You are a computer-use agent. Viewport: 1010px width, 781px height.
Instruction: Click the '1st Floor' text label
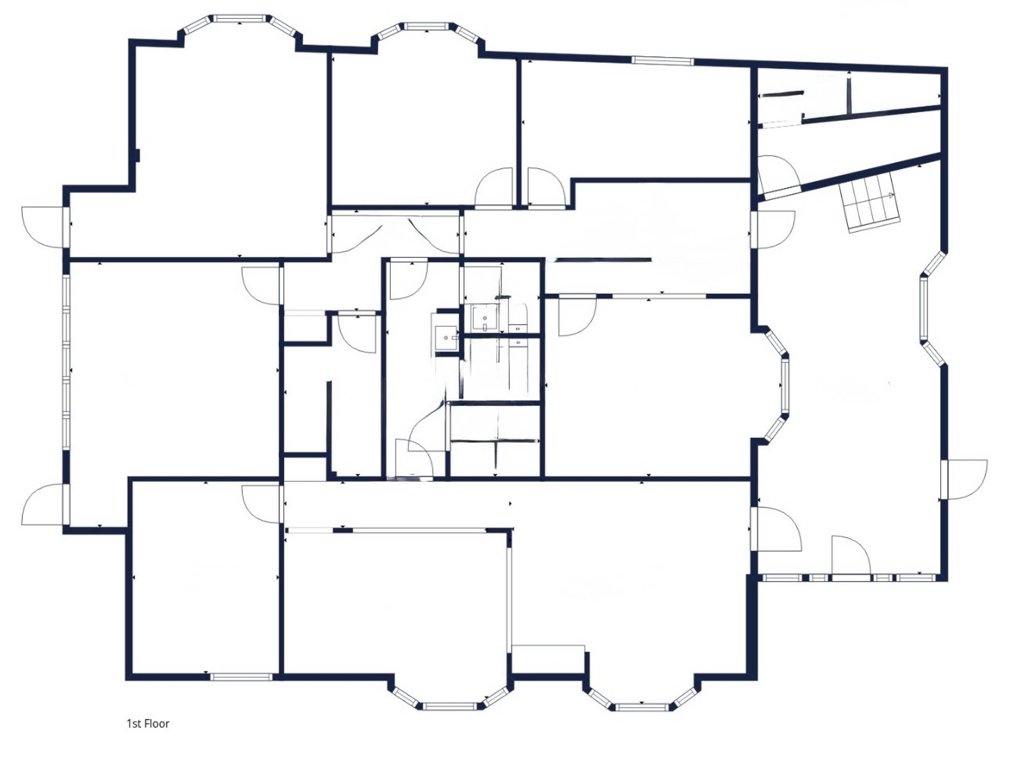pyautogui.click(x=148, y=724)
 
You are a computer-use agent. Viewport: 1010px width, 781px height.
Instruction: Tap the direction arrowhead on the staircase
pyautogui.click(x=891, y=196)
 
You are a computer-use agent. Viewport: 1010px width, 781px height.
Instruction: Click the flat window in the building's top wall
pyautogui.click(x=662, y=61)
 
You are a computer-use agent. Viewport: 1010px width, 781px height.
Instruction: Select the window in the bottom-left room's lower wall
pyautogui.click(x=242, y=676)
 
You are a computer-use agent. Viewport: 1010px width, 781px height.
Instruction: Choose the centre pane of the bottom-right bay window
pyautogui.click(x=642, y=707)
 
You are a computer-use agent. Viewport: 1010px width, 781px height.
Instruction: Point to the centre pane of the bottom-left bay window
pyautogui.click(x=450, y=706)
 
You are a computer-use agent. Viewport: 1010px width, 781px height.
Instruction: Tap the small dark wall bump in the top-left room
pyautogui.click(x=138, y=155)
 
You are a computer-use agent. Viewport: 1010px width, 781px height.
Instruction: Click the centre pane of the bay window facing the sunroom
pyautogui.click(x=785, y=385)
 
